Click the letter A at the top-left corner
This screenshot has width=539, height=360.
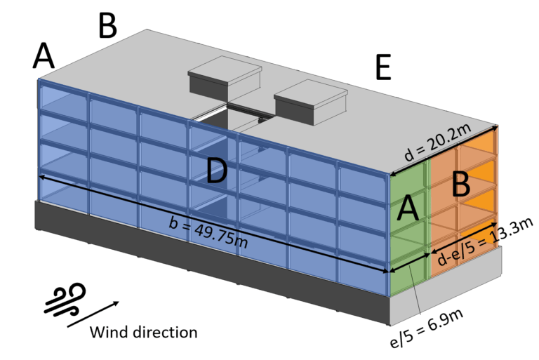click(44, 56)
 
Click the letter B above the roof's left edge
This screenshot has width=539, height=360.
click(107, 26)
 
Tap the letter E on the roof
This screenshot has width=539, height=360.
click(382, 69)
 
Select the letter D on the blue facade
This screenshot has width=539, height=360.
click(217, 172)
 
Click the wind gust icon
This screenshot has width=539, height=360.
click(65, 298)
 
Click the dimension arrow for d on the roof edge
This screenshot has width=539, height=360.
click(443, 150)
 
